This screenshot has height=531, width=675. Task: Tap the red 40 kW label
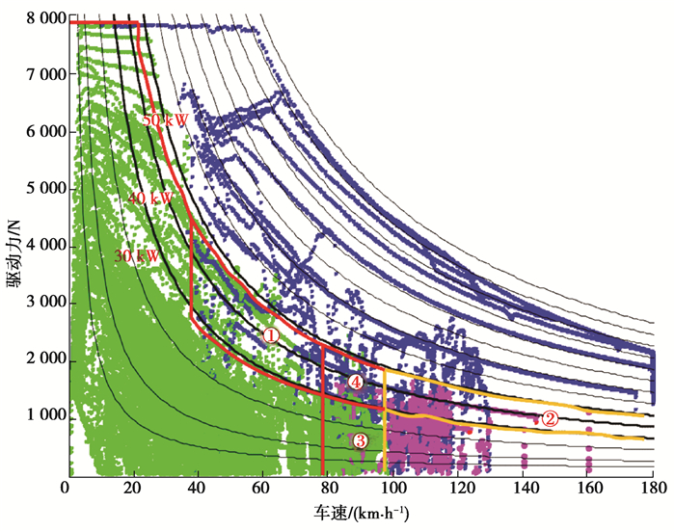(150, 198)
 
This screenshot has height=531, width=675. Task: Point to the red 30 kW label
(137, 256)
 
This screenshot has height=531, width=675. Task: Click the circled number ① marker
(271, 335)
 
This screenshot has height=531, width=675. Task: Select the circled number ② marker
(549, 418)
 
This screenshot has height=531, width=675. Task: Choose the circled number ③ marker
(360, 440)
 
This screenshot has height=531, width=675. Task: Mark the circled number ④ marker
(357, 383)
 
